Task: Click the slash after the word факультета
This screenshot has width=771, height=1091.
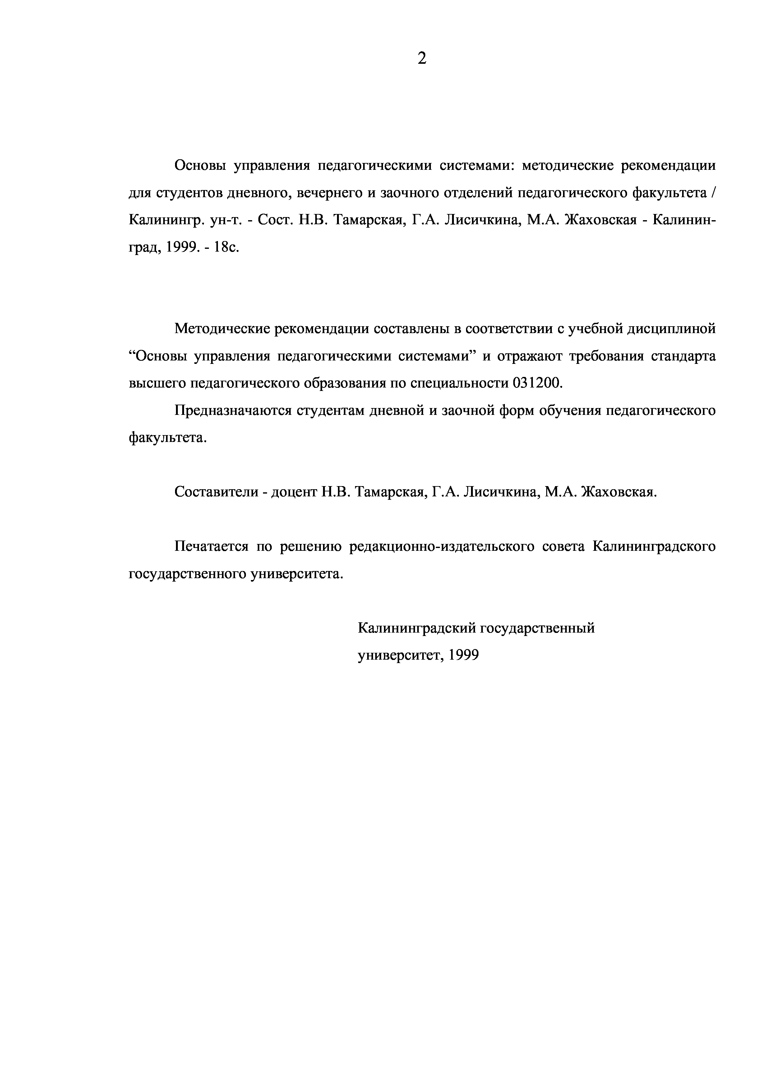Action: click(713, 193)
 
